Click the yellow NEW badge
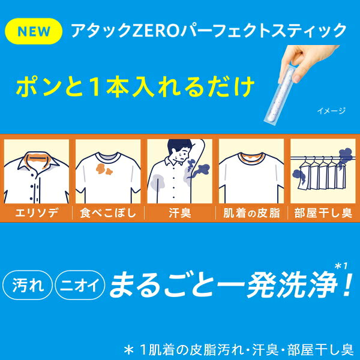pyautogui.click(x=34, y=31)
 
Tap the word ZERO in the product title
pyautogui.click(x=155, y=31)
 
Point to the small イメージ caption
pyautogui.click(x=331, y=111)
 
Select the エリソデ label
pyautogui.click(x=37, y=213)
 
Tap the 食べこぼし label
pyautogui.click(x=108, y=213)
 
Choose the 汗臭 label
pyautogui.click(x=180, y=213)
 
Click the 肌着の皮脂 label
pyautogui.click(x=251, y=213)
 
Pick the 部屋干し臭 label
pyautogui.click(x=323, y=213)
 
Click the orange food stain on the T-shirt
pyautogui.click(x=104, y=169)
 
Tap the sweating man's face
pyautogui.click(x=182, y=154)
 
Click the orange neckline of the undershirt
pyautogui.click(x=251, y=158)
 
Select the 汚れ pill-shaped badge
pyautogui.click(x=28, y=285)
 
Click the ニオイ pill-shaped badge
pyautogui.click(x=80, y=285)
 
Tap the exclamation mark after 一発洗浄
pyautogui.click(x=347, y=284)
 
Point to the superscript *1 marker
pyautogui.click(x=341, y=266)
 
